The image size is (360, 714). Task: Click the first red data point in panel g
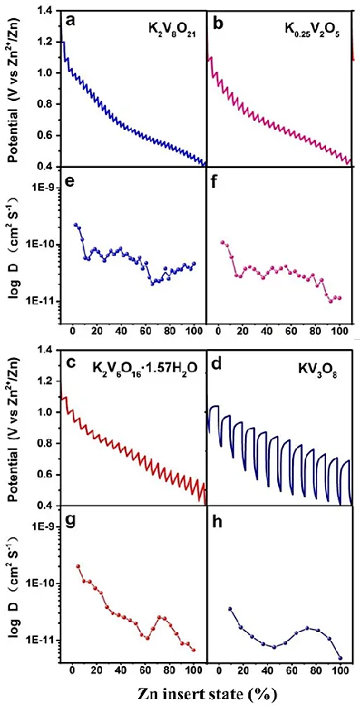click(x=79, y=567)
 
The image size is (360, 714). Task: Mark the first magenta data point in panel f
click(x=222, y=242)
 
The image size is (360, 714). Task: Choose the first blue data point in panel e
click(x=76, y=224)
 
